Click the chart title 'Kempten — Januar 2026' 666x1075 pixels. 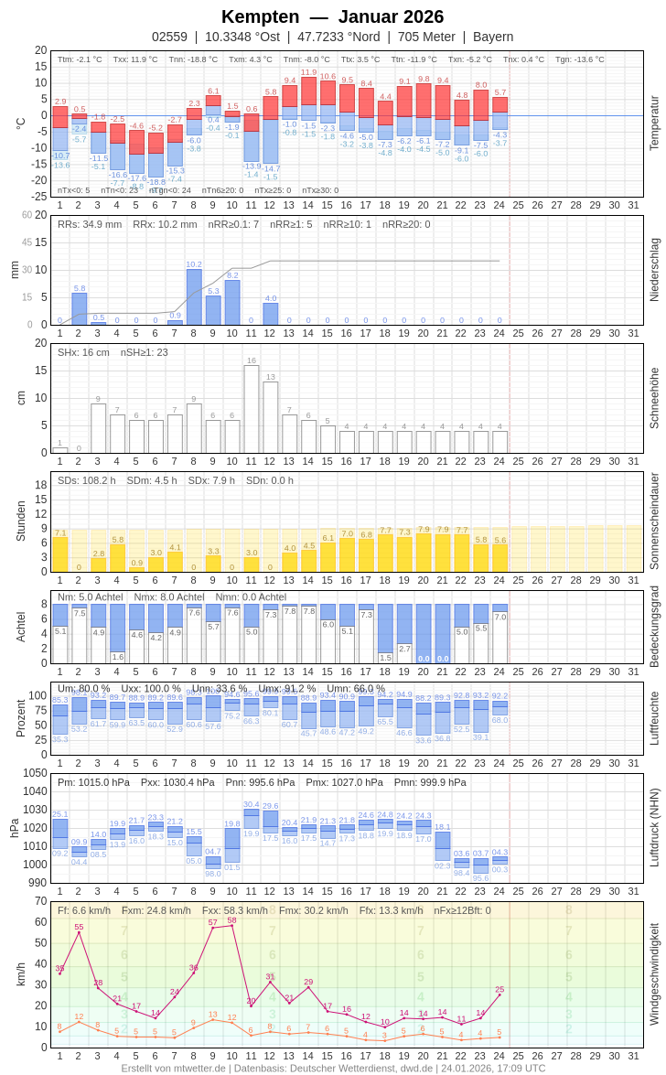(332, 16)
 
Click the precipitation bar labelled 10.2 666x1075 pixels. (194, 297)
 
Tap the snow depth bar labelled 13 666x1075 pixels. (271, 417)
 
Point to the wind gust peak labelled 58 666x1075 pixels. (232, 925)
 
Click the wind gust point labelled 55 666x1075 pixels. (79, 932)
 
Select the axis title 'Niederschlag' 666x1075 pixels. (654, 270)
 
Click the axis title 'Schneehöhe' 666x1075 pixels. (654, 398)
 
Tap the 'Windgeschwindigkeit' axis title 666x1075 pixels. (654, 973)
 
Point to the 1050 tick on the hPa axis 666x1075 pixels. (35, 773)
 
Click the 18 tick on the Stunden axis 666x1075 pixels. (41, 485)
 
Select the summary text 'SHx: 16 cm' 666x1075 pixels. (83, 352)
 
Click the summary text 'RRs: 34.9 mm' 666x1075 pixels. (90, 224)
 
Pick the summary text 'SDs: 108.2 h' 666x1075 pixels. (87, 480)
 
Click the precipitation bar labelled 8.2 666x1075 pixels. (232, 303)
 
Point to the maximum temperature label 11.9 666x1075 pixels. (309, 72)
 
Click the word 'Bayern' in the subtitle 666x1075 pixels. (493, 37)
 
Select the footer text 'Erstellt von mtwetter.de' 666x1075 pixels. (173, 1068)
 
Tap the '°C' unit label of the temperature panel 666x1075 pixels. (21, 123)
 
